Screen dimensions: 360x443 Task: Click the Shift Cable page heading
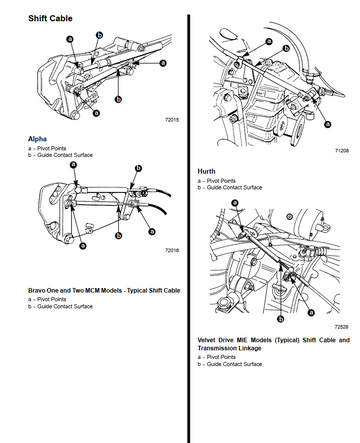[50, 18]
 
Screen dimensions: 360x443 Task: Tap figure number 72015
[172, 120]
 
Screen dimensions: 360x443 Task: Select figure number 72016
[172, 250]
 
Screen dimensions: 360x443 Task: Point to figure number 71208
[342, 151]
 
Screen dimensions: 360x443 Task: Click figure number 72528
[342, 327]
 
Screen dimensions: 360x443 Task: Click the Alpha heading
[37, 139]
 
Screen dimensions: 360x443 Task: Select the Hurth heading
[206, 171]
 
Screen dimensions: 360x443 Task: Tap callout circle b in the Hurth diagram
[286, 49]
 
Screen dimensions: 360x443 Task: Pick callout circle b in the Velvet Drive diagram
[281, 319]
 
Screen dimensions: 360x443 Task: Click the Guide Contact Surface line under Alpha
[60, 155]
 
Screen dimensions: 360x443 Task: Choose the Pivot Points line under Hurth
[217, 181]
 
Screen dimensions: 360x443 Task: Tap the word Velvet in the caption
[207, 340]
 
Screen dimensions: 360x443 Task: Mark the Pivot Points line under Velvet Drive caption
[217, 357]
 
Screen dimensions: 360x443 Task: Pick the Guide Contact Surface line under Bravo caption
[60, 306]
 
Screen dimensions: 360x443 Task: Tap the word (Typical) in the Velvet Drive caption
[287, 340]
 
